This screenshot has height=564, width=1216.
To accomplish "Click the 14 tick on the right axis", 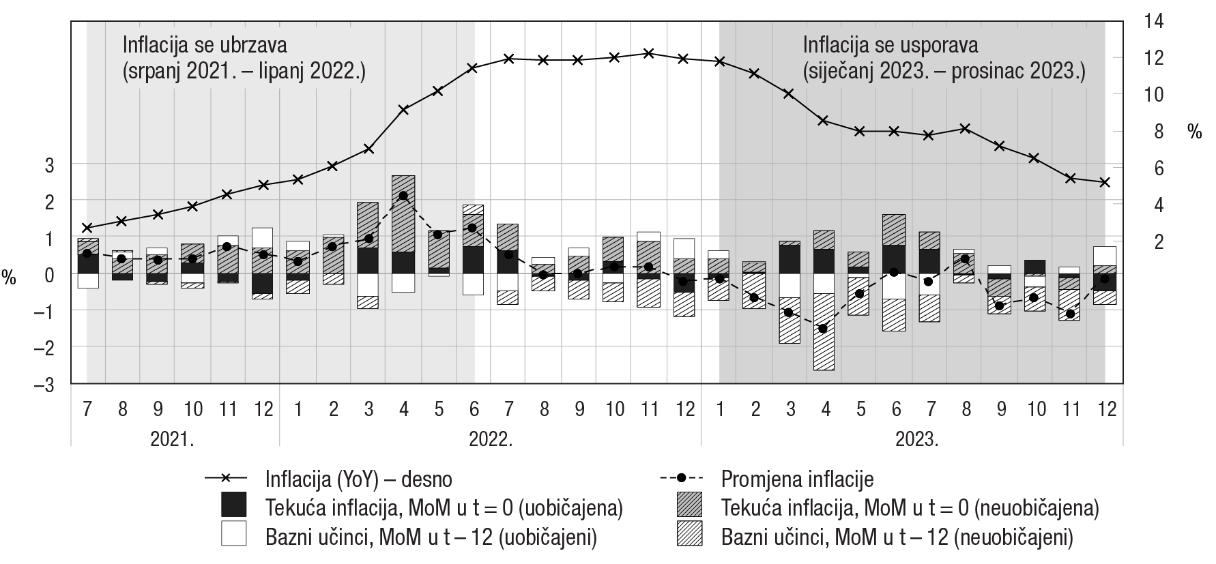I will [x=1153, y=21].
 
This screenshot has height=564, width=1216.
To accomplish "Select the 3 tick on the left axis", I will [x=49, y=164].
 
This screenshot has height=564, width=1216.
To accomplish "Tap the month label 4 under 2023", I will [x=826, y=409].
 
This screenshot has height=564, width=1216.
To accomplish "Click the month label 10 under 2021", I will [x=193, y=409].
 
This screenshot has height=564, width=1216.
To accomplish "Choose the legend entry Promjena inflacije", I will [x=797, y=479].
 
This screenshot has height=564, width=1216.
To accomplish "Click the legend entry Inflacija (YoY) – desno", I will [x=358, y=479].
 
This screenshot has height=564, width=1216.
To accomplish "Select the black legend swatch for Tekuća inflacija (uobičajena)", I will [x=233, y=506].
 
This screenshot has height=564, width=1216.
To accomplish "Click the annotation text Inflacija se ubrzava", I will [x=205, y=45].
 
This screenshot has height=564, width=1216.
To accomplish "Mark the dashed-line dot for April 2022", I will [x=403, y=196].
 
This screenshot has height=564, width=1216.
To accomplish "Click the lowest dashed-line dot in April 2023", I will [x=823, y=329].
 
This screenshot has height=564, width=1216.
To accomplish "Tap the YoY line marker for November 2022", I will [x=649, y=53].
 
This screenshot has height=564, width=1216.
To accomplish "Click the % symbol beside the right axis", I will [x=1194, y=132].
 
